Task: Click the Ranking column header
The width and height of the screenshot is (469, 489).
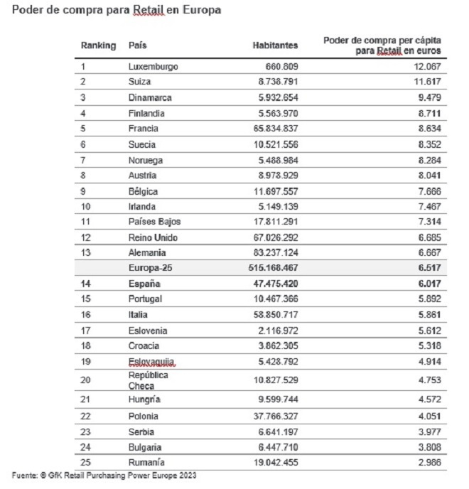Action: pos(98,45)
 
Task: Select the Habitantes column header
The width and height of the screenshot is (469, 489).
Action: pos(276,45)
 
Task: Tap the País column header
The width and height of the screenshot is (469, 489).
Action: pos(138,45)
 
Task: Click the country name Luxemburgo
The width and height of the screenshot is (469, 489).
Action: pos(153,67)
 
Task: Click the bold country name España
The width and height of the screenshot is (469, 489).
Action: pos(144,284)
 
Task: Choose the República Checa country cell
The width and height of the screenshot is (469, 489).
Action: pos(149,380)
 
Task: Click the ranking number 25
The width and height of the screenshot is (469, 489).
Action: pos(87,463)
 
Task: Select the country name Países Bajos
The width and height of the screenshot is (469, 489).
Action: pos(155,221)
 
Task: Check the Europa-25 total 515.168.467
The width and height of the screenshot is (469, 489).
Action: pos(269,268)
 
